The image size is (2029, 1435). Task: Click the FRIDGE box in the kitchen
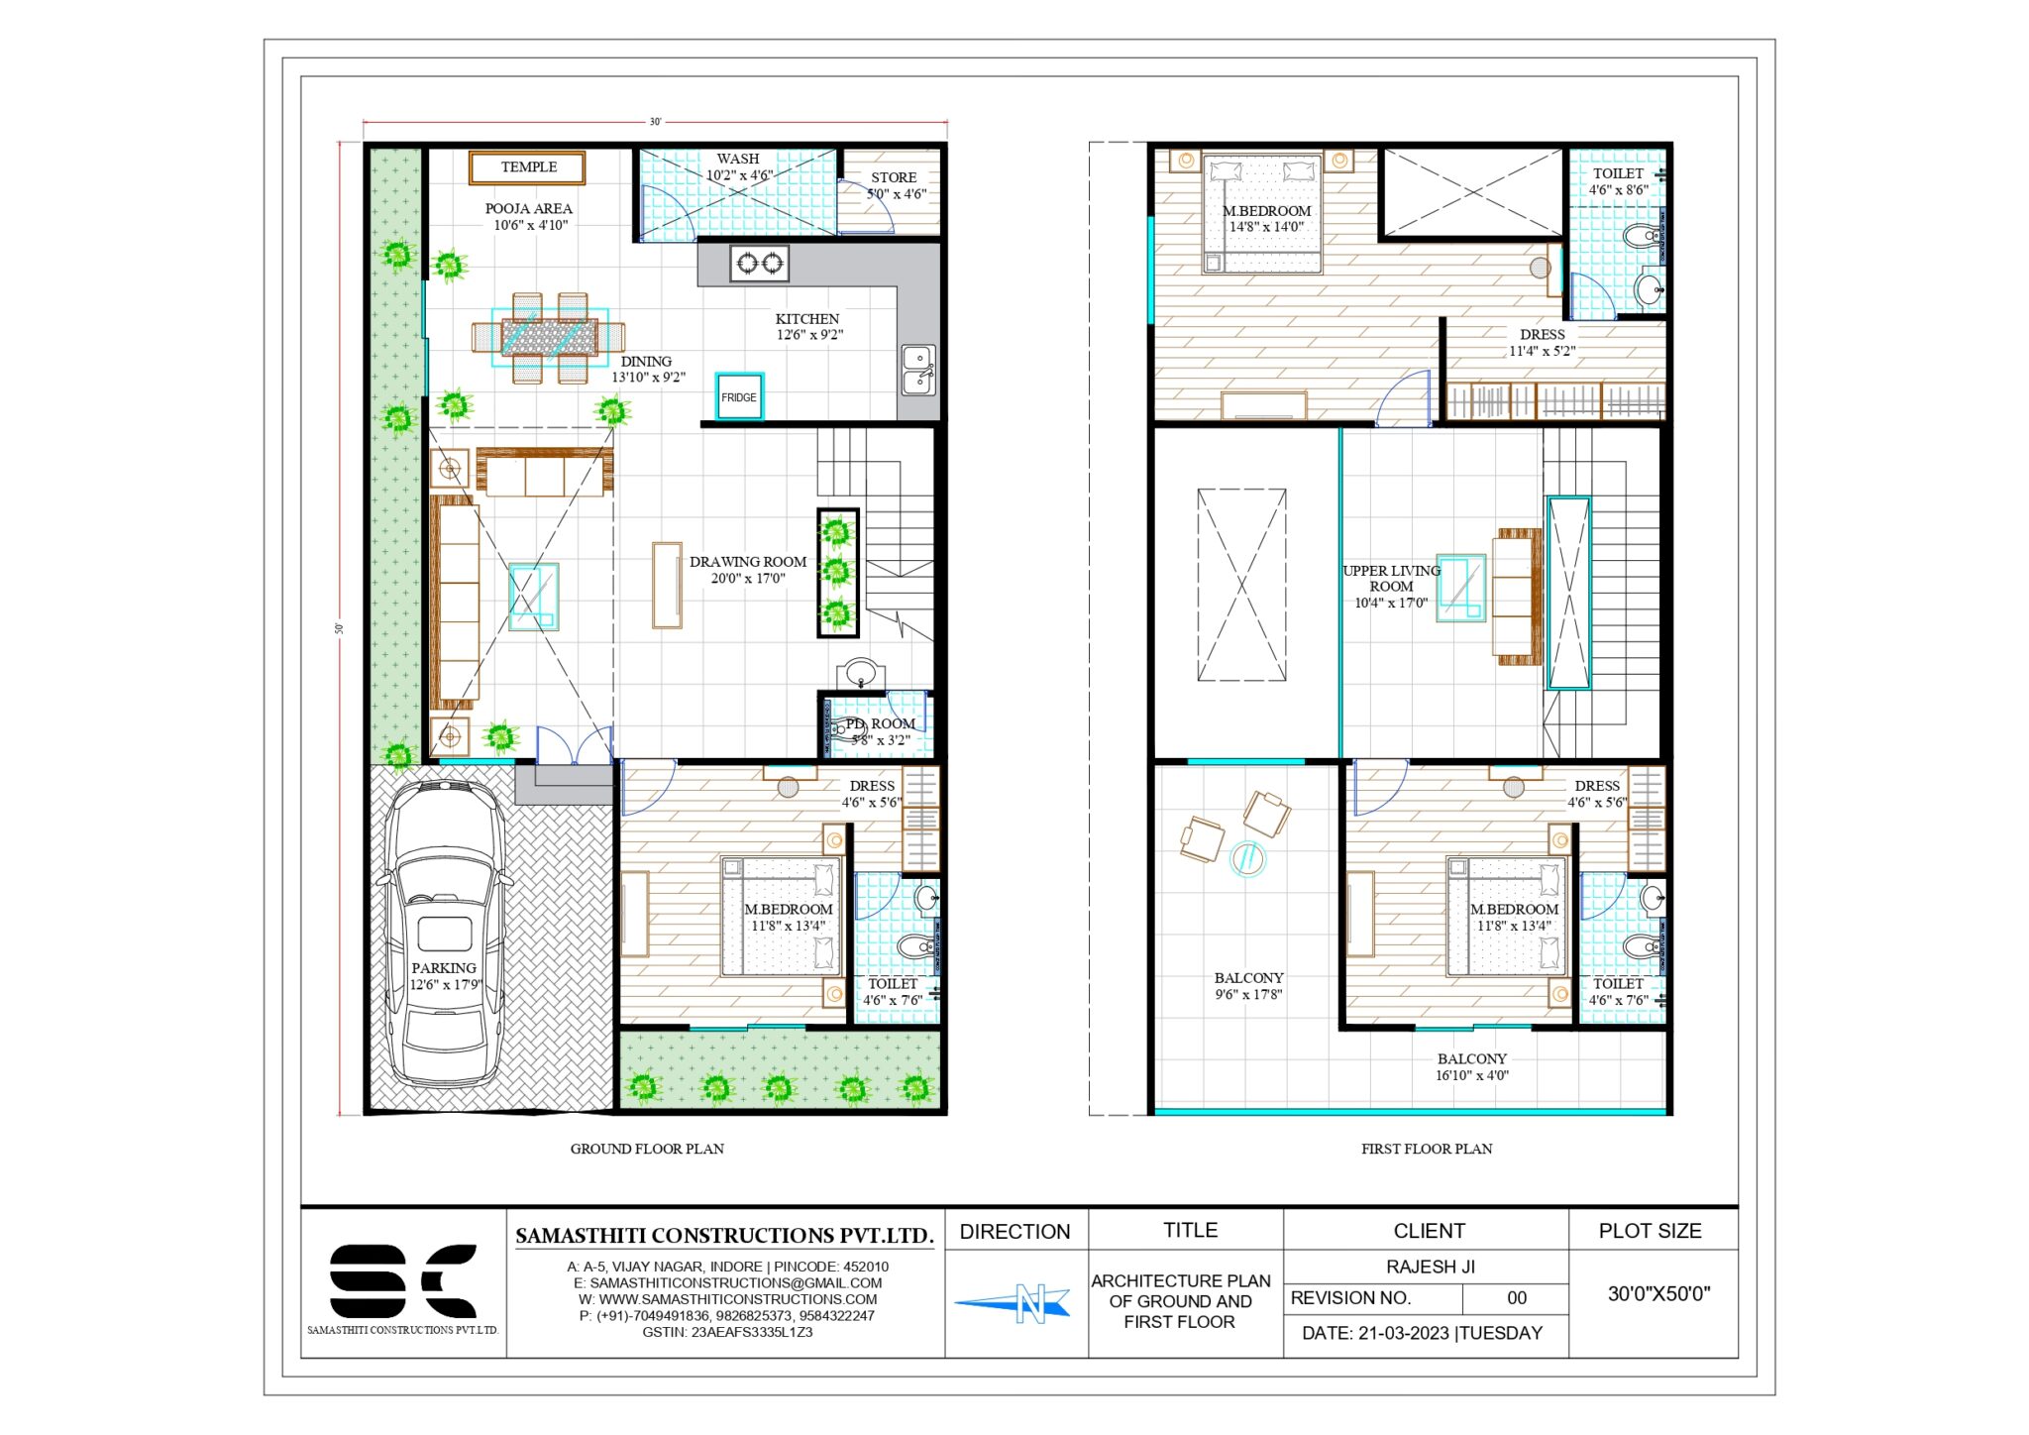(739, 396)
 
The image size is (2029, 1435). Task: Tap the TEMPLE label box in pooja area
(528, 167)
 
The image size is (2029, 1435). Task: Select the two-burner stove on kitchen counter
(760, 263)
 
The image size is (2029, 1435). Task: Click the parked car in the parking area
(443, 932)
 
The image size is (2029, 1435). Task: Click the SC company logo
(402, 1281)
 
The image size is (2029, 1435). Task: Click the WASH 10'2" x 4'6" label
(738, 166)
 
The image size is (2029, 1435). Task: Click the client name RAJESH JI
(1430, 1267)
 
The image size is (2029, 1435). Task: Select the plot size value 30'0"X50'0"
(1658, 1293)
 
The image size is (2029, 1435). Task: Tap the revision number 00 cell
(1516, 1298)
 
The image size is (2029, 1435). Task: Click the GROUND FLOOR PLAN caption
(647, 1149)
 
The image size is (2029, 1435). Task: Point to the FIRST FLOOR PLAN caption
(1426, 1149)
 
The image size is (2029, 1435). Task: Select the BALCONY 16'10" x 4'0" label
(1472, 1066)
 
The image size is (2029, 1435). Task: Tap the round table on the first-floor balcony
(1248, 857)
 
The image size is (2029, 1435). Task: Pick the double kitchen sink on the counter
(917, 370)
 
